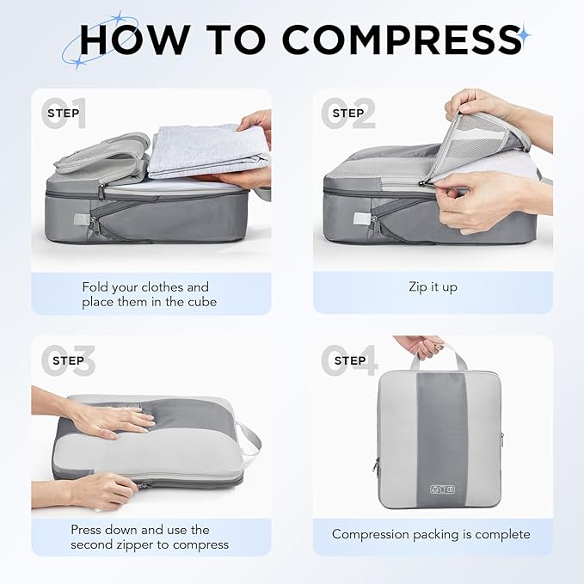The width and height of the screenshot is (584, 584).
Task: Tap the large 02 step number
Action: click(x=348, y=114)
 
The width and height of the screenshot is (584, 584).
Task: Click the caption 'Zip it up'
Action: click(x=433, y=286)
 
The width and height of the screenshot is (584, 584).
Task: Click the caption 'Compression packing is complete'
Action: click(x=431, y=534)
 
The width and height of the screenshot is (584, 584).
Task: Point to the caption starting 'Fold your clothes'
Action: click(x=145, y=294)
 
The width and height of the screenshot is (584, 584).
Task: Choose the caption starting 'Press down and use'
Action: click(x=150, y=537)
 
